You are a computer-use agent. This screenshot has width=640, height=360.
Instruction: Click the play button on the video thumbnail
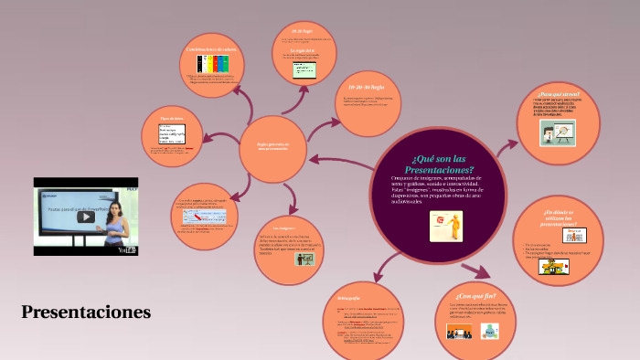(x=85, y=217)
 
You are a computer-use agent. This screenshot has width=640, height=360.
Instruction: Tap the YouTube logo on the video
(x=127, y=249)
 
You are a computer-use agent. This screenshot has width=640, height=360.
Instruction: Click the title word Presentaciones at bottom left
(x=86, y=312)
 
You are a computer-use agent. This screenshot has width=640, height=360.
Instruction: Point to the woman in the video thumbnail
(x=115, y=220)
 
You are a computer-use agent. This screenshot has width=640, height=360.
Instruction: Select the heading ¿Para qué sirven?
(x=559, y=94)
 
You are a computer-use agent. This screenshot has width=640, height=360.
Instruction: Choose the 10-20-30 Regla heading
(x=363, y=85)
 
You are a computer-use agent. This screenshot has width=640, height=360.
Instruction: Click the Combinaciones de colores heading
(x=211, y=48)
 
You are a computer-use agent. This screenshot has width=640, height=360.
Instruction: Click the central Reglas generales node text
(x=272, y=145)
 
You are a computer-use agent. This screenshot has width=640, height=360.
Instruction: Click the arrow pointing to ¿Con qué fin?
(x=475, y=270)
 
